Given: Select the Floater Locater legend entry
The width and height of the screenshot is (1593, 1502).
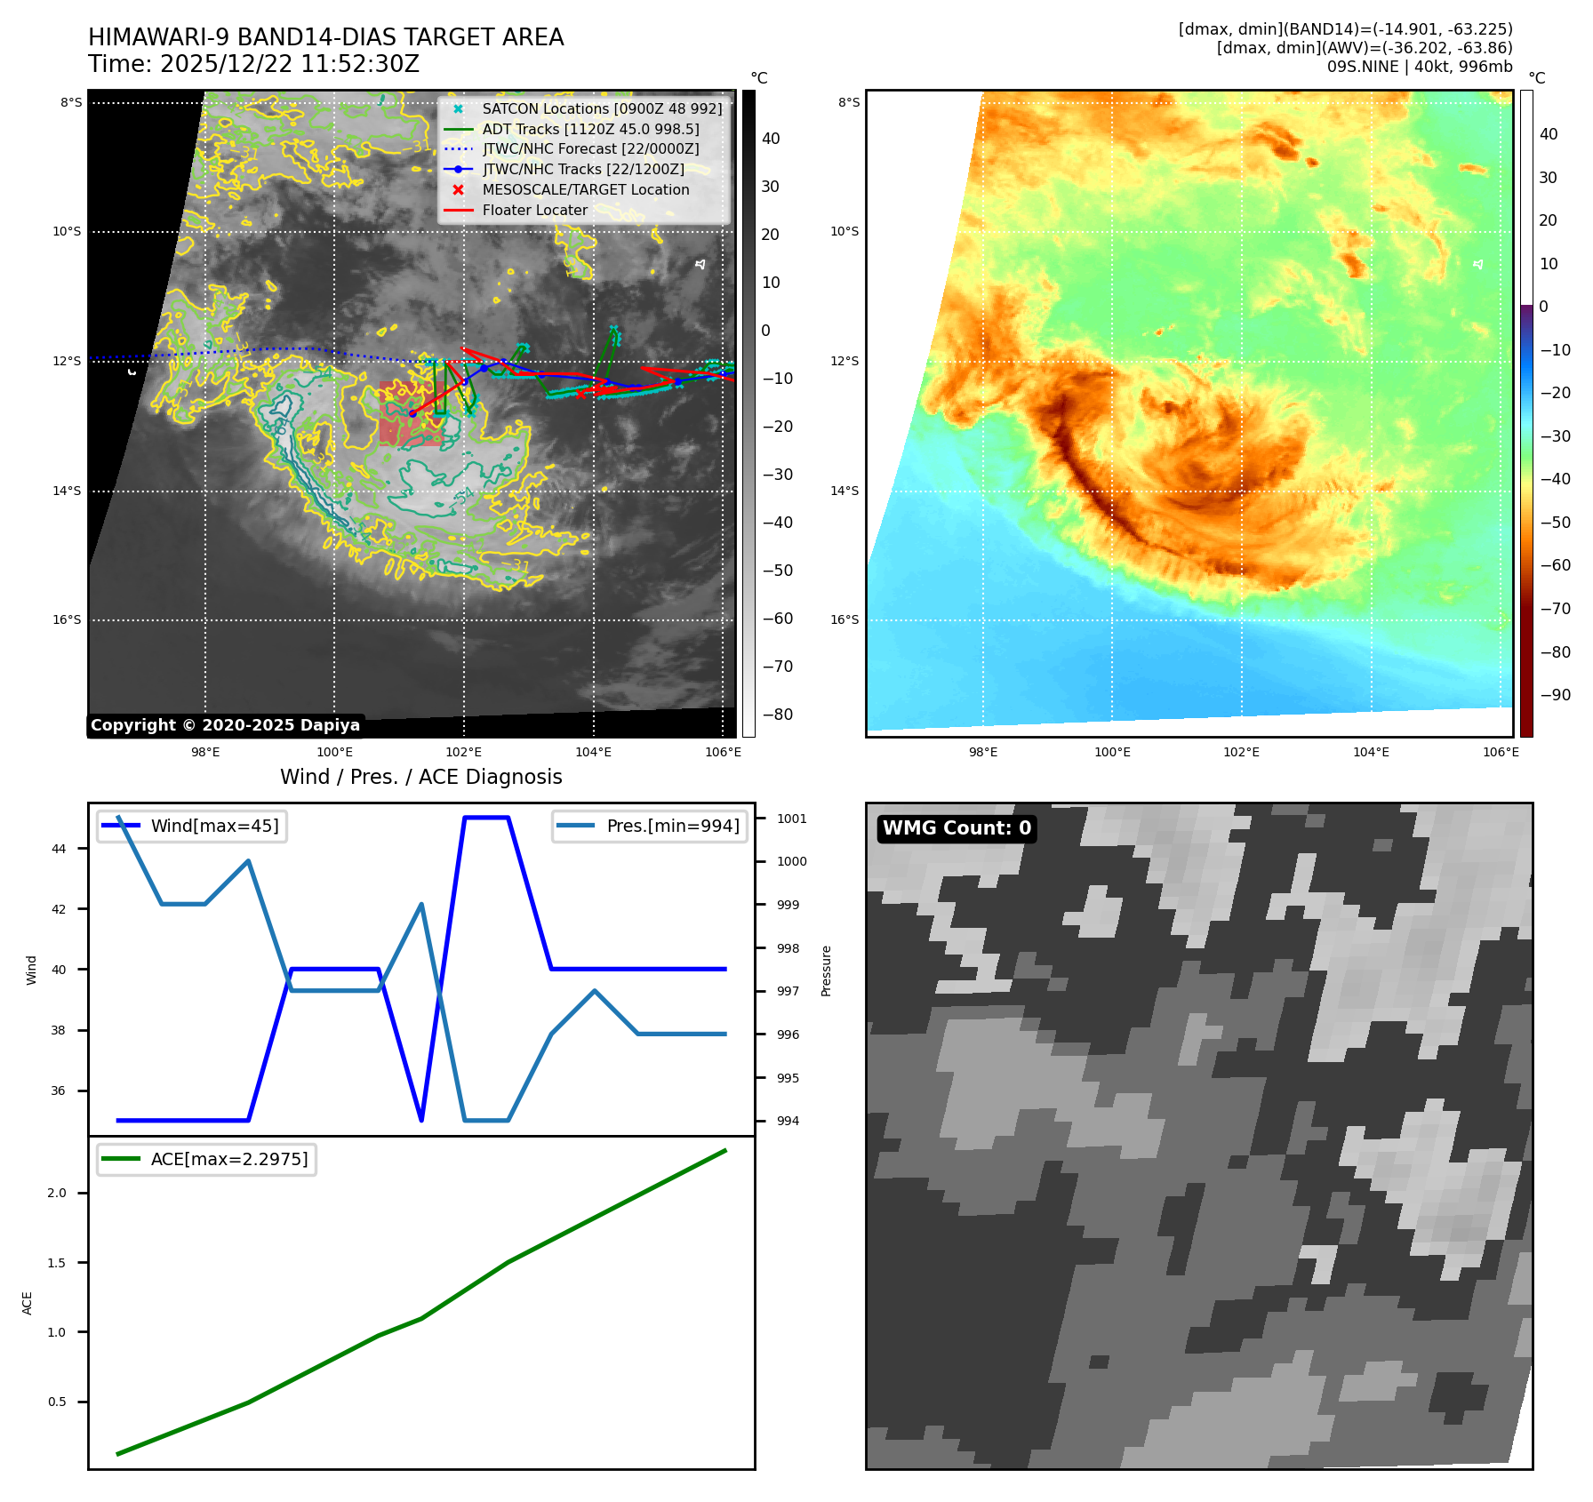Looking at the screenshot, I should [x=534, y=211].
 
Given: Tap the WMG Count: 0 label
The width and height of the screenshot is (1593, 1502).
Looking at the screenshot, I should [x=957, y=828].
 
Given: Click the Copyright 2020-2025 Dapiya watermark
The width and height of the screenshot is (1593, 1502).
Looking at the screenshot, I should [x=225, y=725].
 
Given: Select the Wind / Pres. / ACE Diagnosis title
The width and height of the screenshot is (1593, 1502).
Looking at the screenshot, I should [x=420, y=778].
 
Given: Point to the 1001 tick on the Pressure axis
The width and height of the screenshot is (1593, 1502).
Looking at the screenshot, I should [x=791, y=819].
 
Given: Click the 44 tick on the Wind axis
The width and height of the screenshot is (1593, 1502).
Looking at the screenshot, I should [x=59, y=850].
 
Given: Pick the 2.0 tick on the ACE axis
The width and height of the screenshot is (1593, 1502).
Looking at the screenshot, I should [x=57, y=1194].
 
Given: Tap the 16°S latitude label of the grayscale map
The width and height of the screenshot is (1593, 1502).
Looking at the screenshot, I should [x=67, y=620].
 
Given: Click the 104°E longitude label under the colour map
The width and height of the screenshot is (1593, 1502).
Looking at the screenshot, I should [x=1371, y=753].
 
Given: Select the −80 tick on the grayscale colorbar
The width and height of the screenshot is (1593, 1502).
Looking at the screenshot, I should [x=777, y=715].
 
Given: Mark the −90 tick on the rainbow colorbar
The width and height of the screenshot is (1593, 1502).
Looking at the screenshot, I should [x=1555, y=695].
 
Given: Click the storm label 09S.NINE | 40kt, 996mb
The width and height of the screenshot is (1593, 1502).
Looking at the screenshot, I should [x=1419, y=68].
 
